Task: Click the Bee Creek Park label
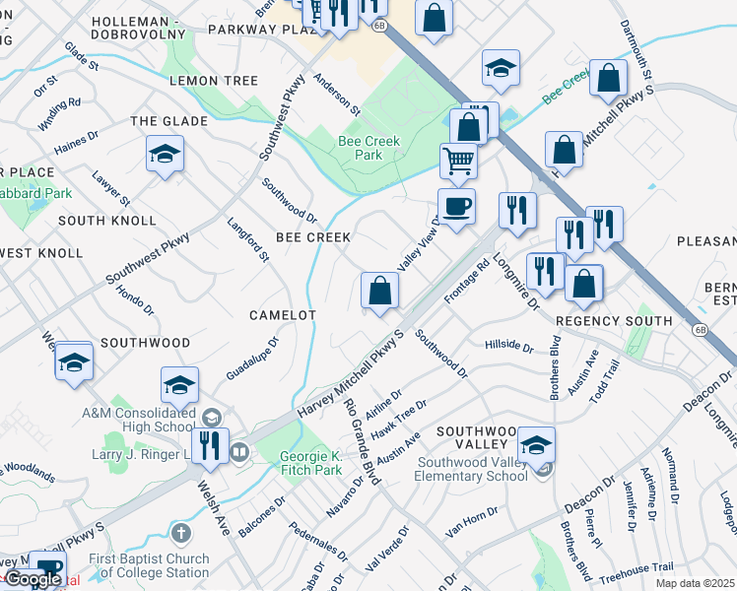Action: [x=368, y=148]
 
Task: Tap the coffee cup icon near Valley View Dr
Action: [x=456, y=207]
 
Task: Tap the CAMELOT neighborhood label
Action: [x=282, y=315]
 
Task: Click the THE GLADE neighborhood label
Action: [x=169, y=121]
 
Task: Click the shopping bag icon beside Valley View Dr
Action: [x=379, y=291]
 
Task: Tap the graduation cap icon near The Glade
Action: [x=165, y=154]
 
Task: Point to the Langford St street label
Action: [x=248, y=240]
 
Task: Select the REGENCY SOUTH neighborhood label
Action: [x=614, y=321]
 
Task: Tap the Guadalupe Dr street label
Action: [x=253, y=359]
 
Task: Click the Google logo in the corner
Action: [x=33, y=579]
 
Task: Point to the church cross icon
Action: [x=179, y=534]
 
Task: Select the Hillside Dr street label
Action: [x=508, y=347]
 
